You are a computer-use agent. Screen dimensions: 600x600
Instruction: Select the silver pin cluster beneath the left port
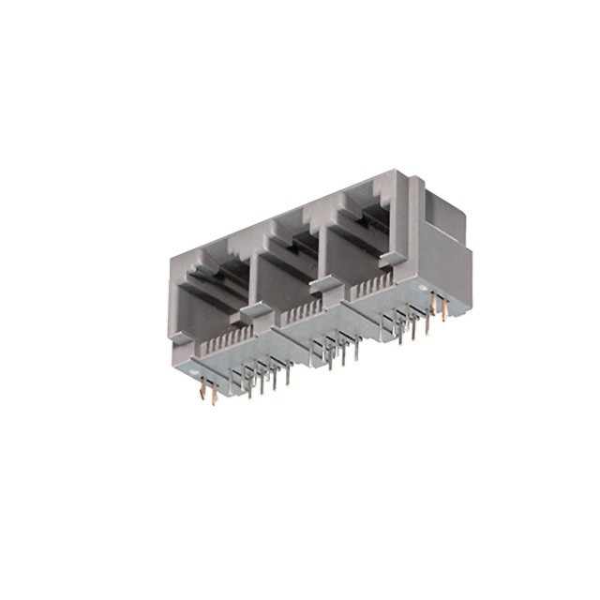[262, 375]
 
